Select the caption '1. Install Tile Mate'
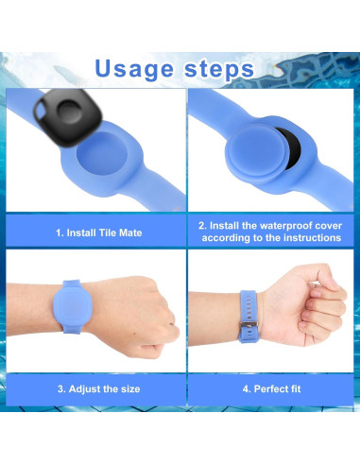pyautogui.click(x=98, y=232)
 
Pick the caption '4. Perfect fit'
pyautogui.click(x=270, y=387)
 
